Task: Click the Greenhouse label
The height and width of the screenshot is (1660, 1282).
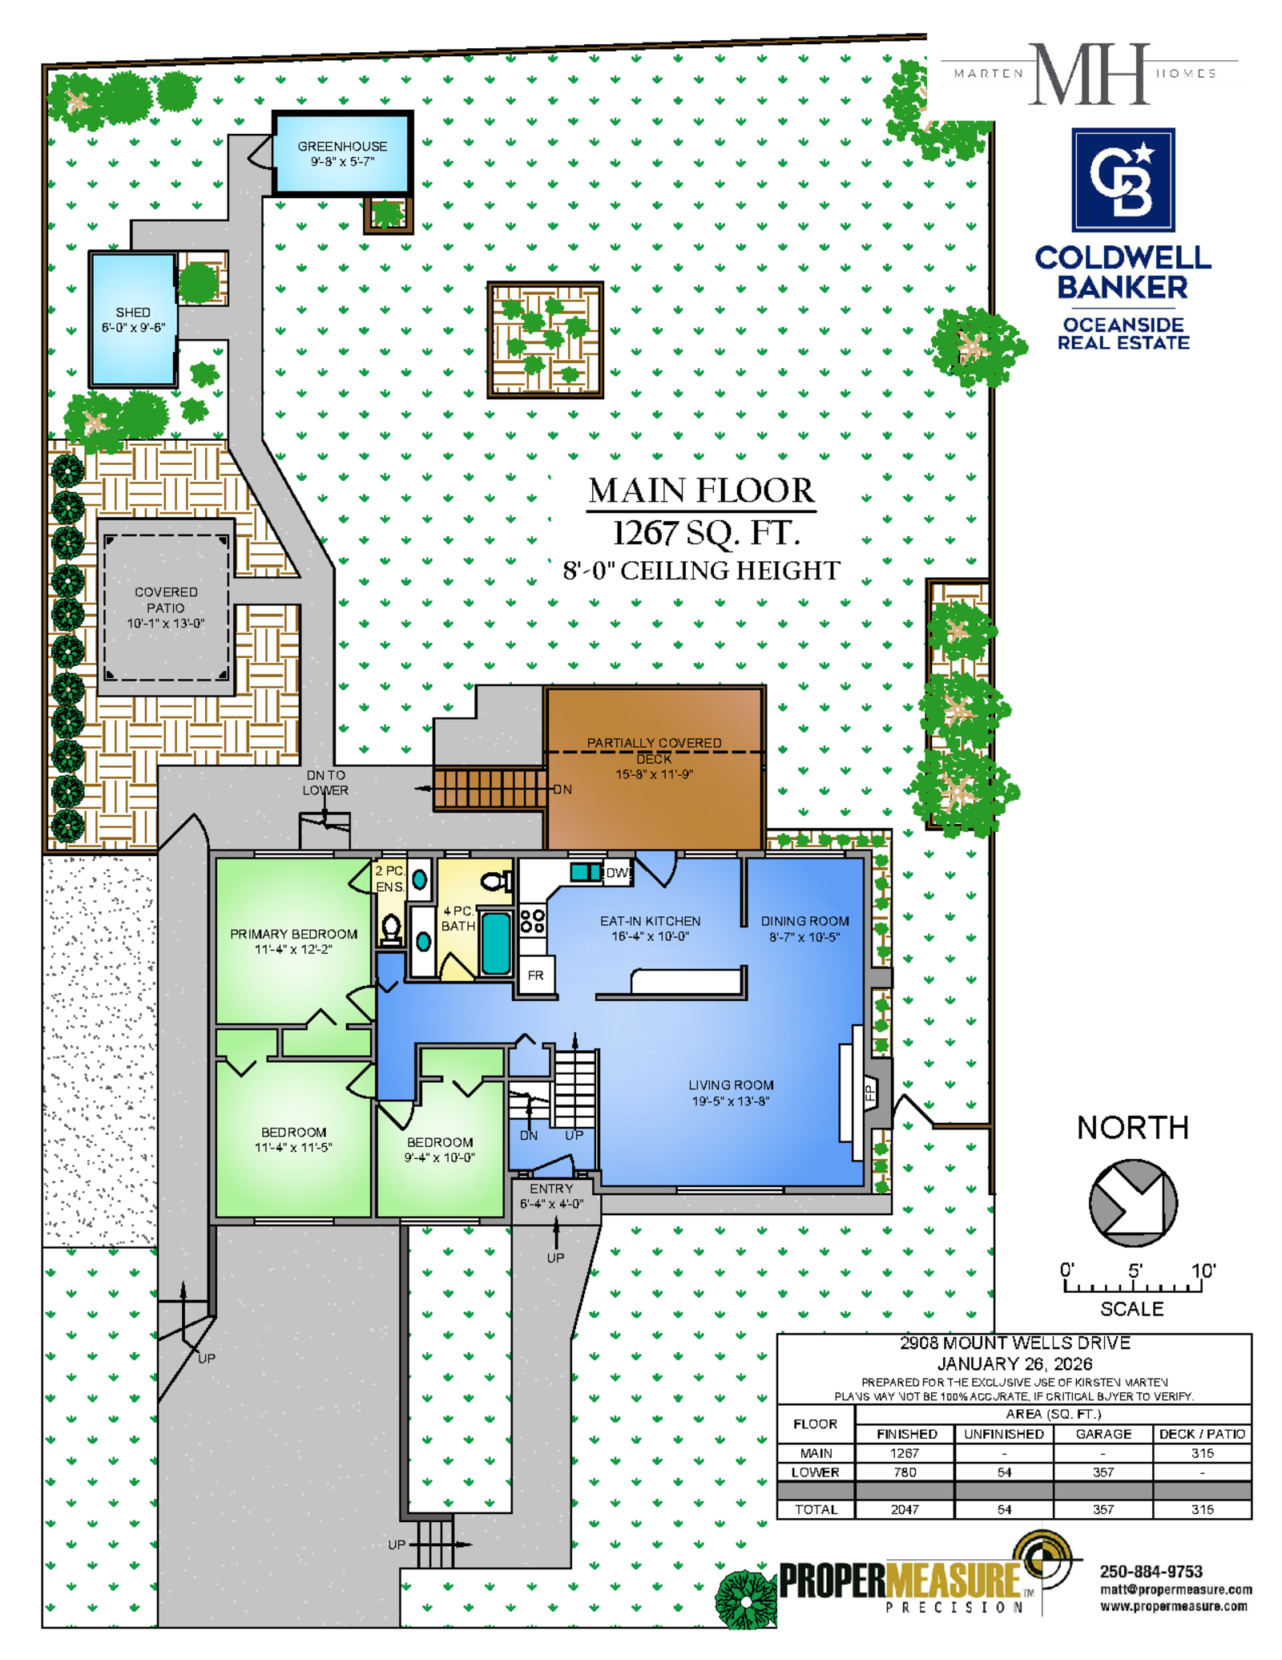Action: [342, 146]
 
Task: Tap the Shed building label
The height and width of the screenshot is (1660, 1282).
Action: [133, 312]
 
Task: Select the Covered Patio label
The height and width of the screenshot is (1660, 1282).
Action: [166, 600]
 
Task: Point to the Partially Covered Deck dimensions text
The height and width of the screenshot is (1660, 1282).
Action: [654, 774]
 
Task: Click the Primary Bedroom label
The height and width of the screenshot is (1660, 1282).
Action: [293, 934]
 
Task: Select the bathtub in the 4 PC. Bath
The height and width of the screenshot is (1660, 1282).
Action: [496, 943]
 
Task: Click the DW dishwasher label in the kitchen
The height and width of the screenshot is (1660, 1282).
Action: [617, 873]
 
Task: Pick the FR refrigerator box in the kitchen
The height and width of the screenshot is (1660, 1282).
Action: [536, 975]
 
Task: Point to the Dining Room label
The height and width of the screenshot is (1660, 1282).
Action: [804, 921]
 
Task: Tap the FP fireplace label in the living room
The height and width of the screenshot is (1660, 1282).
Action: [869, 1093]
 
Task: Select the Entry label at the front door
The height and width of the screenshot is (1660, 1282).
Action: [551, 1189]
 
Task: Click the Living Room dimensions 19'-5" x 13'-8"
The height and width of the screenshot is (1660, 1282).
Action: [731, 1101]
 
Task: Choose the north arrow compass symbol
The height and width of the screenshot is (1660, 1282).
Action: [1132, 1202]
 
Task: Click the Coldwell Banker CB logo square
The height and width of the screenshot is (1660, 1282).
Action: [1123, 180]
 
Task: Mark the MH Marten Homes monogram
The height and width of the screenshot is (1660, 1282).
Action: [1090, 75]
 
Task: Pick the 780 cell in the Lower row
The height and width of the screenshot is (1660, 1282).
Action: [905, 1472]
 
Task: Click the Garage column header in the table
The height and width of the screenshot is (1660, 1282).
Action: [1103, 1434]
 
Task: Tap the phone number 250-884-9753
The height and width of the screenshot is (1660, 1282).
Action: [1151, 1571]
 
